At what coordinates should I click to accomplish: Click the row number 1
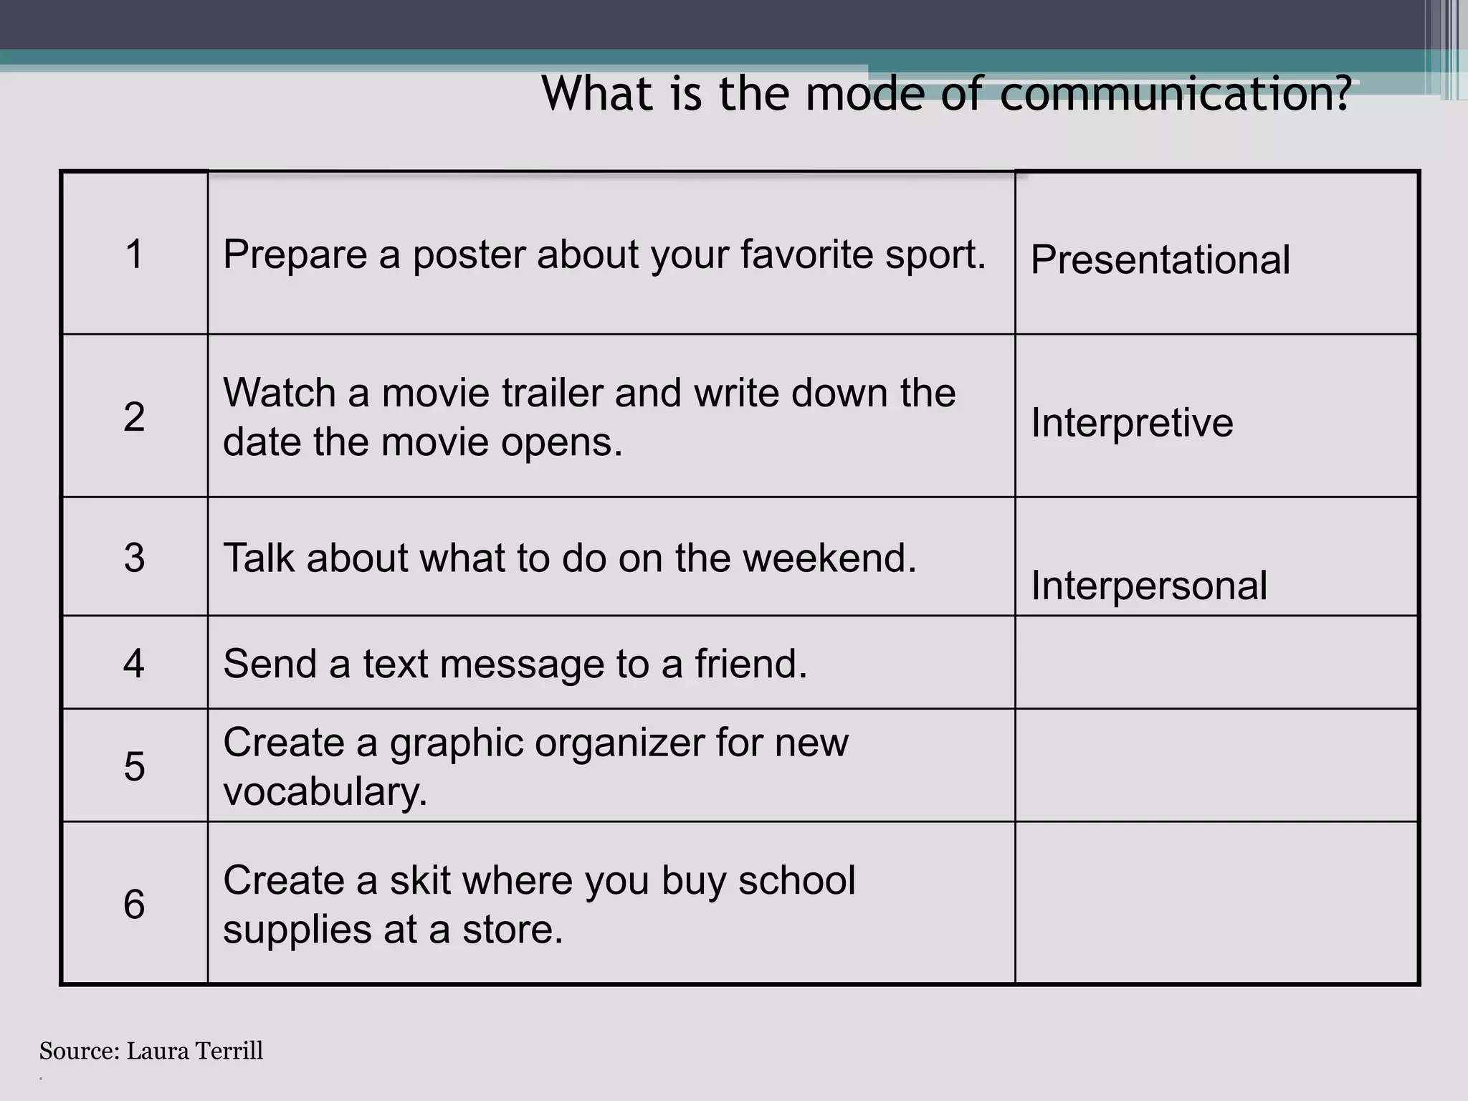[x=135, y=254]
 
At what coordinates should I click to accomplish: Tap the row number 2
[x=135, y=416]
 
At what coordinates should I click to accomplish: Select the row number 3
[x=135, y=558]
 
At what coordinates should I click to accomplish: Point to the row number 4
[x=135, y=663]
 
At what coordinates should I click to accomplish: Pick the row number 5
[x=135, y=766]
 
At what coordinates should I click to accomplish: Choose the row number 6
[x=135, y=904]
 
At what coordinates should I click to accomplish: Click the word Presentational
[x=1160, y=259]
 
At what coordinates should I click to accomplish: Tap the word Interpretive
[x=1132, y=422]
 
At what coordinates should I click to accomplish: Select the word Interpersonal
[x=1149, y=586]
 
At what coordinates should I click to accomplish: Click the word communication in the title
[x=1174, y=94]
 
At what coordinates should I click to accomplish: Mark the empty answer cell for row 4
[x=1216, y=662]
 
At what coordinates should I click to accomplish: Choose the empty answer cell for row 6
[x=1216, y=902]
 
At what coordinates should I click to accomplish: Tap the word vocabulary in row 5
[x=325, y=791]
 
